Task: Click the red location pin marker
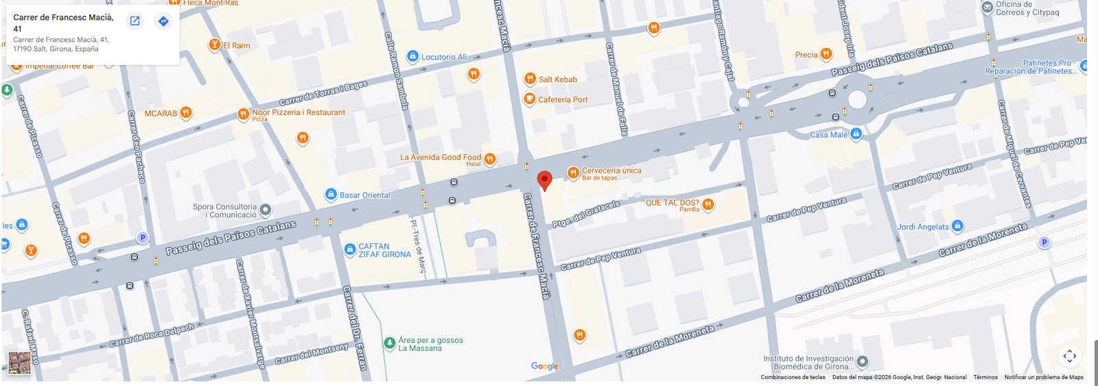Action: [x=544, y=180]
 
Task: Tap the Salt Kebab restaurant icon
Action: [x=530, y=79]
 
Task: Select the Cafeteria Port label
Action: [x=563, y=99]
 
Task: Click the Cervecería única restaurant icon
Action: [x=572, y=173]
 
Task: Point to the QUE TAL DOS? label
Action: [x=672, y=203]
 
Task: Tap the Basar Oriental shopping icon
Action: [x=331, y=195]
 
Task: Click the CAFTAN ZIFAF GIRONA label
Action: [x=384, y=250]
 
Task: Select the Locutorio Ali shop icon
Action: [x=412, y=56]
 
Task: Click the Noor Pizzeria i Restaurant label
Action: [x=299, y=112]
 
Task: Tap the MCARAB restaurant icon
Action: [x=186, y=113]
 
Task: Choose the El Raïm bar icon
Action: [x=214, y=45]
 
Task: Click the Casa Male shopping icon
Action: [x=856, y=134]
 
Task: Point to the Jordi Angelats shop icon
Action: [x=957, y=226]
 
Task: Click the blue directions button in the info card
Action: [x=163, y=21]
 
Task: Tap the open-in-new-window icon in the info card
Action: [x=135, y=21]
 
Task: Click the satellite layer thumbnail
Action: [x=19, y=363]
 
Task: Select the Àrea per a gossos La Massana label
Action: [x=430, y=344]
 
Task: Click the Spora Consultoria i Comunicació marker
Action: [x=266, y=210]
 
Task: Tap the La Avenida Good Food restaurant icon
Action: [x=489, y=159]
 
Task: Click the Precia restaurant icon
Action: [x=826, y=54]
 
